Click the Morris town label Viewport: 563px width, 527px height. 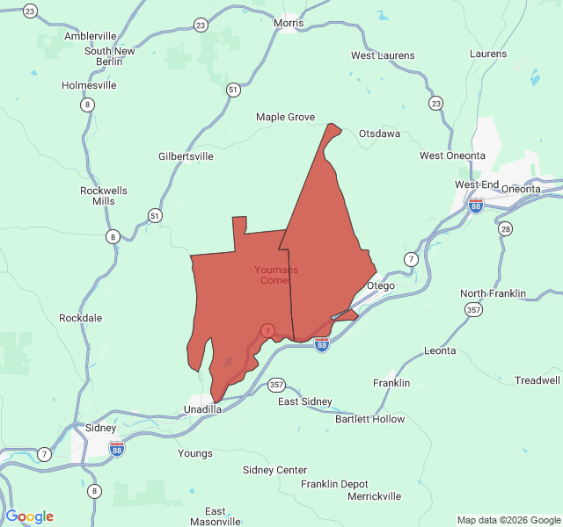[x=289, y=23]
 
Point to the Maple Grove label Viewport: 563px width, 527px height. [x=285, y=117]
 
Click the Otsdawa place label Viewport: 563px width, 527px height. [x=379, y=134]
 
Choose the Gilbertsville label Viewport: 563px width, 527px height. [x=186, y=156]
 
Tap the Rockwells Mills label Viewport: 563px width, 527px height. [x=104, y=196]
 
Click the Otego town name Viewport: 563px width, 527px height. [x=381, y=285]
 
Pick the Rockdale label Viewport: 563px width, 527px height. [x=81, y=317]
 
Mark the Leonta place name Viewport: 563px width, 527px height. [x=440, y=350]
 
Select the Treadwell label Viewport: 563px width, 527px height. [x=537, y=380]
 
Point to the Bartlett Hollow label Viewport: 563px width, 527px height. [x=369, y=419]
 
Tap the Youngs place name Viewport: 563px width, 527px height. [x=195, y=453]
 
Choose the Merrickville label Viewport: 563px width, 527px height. [x=374, y=496]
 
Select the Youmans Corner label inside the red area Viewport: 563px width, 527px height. [x=275, y=275]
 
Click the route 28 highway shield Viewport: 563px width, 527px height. [x=505, y=229]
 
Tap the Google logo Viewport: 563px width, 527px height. [x=29, y=516]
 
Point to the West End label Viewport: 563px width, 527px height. [x=477, y=184]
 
